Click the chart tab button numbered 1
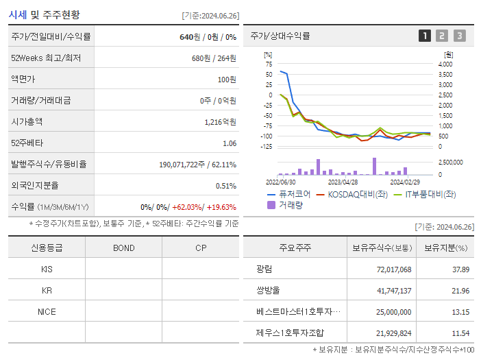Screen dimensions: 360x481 pos(425,36)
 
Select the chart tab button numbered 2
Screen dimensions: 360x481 pos(442,36)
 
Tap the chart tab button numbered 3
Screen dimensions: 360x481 pos(459,36)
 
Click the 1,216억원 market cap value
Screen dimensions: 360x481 pos(220,122)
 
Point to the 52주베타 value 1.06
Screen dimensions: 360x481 pos(230,143)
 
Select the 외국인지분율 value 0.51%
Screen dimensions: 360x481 pos(226,186)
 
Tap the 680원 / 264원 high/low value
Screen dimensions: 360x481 pos(214,58)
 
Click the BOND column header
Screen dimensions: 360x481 pos(123,248)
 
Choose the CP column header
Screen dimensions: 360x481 pos(200,248)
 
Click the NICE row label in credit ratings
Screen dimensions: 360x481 pos(47,311)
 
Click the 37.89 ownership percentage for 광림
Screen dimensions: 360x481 pos(460,269)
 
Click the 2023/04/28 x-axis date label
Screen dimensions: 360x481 pos(343,182)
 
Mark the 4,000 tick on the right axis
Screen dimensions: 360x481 pos(445,64)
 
